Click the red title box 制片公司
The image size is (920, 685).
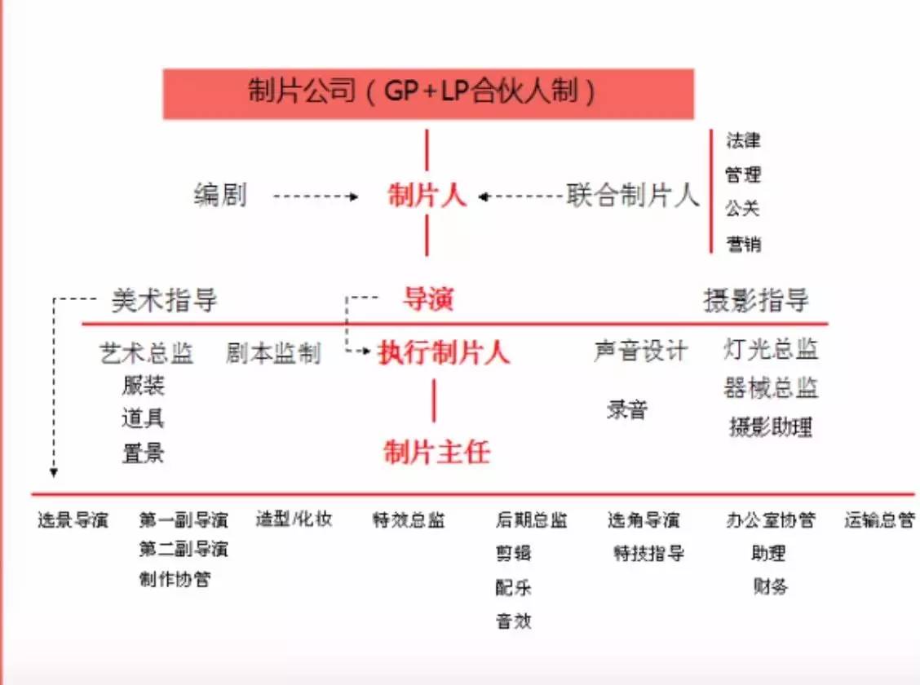point(428,93)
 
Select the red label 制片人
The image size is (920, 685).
point(427,197)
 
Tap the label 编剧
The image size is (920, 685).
point(220,196)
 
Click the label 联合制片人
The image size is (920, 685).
point(633,197)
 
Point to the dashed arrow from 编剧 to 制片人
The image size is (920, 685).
point(315,197)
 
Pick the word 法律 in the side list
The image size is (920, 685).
point(742,140)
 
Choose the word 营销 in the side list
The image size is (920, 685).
point(742,244)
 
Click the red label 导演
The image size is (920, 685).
point(427,300)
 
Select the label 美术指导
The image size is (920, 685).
point(164,301)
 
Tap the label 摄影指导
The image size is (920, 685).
point(756,301)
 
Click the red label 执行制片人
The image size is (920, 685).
point(444,353)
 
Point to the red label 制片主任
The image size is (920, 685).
point(436,452)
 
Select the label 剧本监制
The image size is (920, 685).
point(273,354)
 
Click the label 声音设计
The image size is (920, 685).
point(640,351)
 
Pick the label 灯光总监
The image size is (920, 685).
point(771,350)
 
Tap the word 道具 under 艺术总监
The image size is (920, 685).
point(143,418)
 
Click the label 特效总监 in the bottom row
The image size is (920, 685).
point(409,520)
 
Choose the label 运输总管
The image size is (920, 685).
point(879,520)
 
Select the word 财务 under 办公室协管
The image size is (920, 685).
point(771,586)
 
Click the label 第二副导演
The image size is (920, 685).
point(184,549)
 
